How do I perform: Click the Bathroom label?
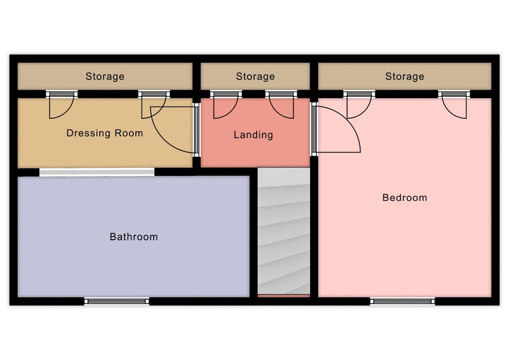[x=134, y=236]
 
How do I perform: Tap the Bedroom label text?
[x=405, y=197]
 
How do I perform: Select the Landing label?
[x=253, y=135]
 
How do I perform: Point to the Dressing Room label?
[x=104, y=133]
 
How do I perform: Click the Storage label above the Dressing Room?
[x=105, y=76]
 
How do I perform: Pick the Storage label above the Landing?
[x=255, y=76]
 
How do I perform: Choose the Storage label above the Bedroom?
[x=405, y=76]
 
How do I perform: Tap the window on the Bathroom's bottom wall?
[x=117, y=301]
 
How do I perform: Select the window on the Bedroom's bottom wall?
[x=402, y=301]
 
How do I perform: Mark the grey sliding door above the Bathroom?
[x=96, y=172]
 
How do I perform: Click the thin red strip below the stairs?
[x=284, y=296]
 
